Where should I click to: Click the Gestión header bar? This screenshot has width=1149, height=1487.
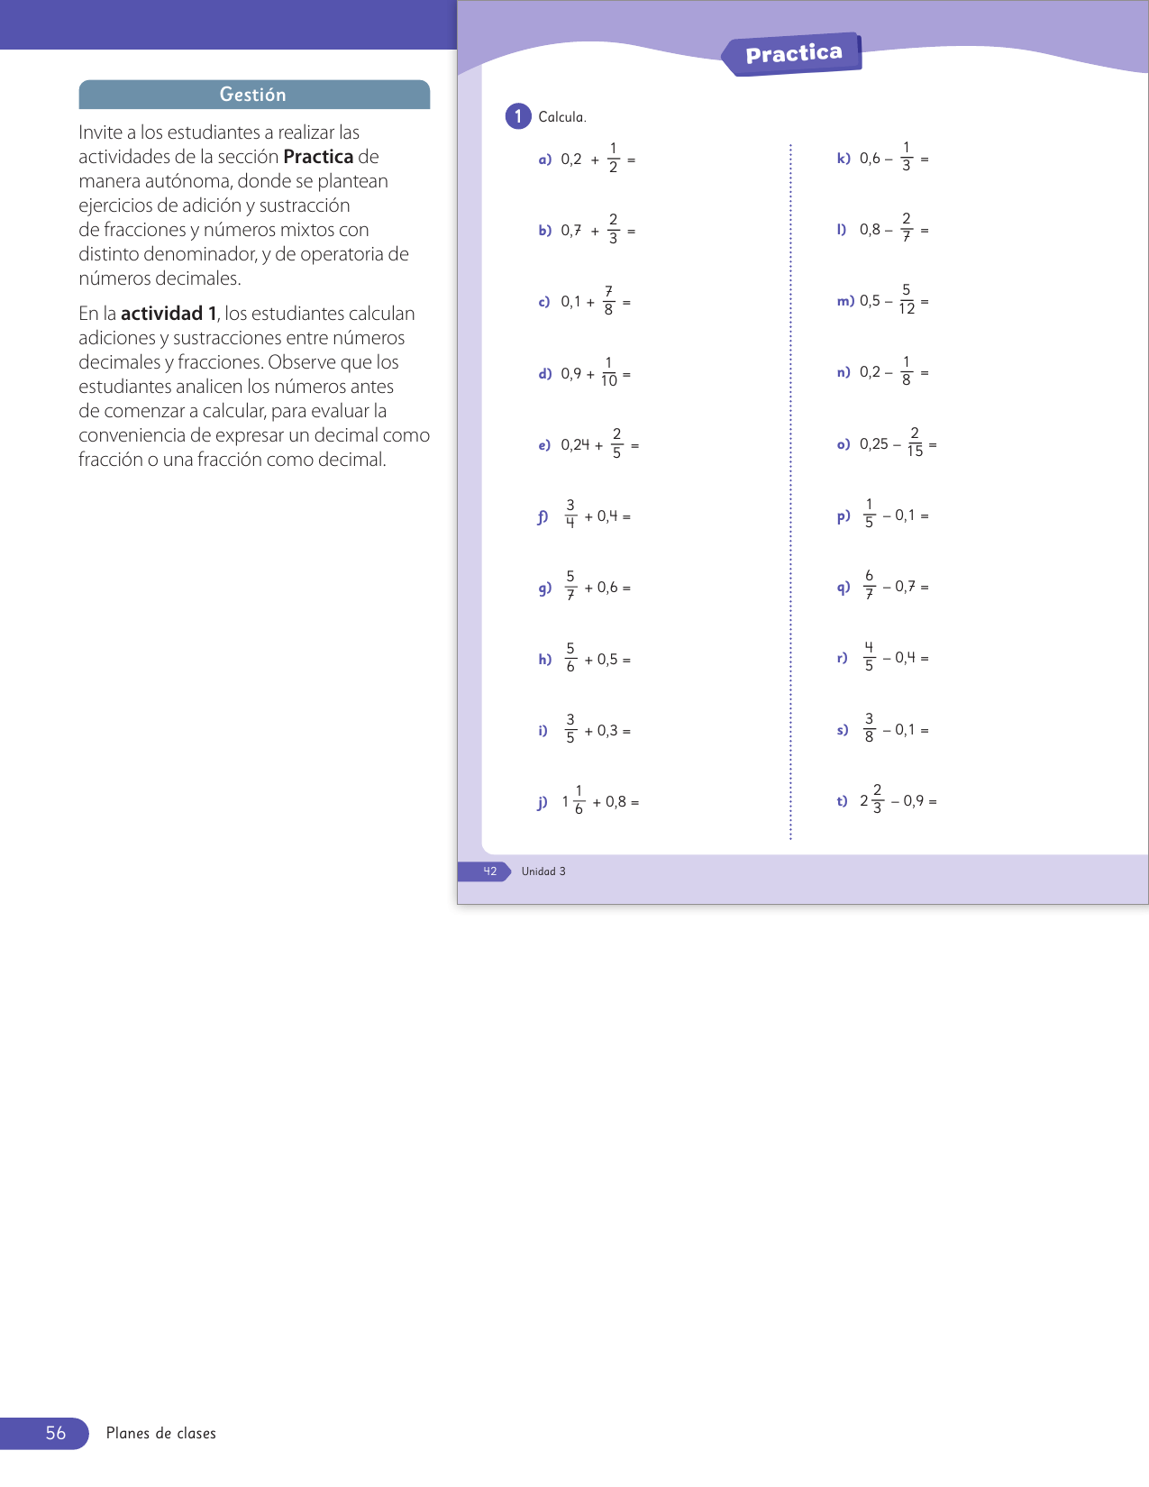pyautogui.click(x=254, y=95)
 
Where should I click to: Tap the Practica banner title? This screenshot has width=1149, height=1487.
pyautogui.click(x=793, y=54)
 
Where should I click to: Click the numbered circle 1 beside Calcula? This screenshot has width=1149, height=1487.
pyautogui.click(x=518, y=116)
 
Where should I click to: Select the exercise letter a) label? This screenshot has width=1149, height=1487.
pyautogui.click(x=544, y=160)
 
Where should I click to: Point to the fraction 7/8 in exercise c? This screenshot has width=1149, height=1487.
pyautogui.click(x=608, y=301)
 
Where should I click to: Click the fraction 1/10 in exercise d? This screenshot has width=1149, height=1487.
pyautogui.click(x=609, y=372)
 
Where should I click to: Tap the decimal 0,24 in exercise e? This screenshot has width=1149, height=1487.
pyautogui.click(x=575, y=444)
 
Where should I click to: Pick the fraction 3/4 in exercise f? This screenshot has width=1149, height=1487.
pyautogui.click(x=570, y=515)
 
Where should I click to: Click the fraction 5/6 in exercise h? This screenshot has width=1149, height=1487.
pyautogui.click(x=570, y=658)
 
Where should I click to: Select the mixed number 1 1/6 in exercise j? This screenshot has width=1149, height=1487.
pyautogui.click(x=574, y=800)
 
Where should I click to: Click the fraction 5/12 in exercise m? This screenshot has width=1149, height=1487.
pyautogui.click(x=907, y=300)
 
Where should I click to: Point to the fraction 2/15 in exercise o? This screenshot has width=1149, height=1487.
pyautogui.click(x=915, y=442)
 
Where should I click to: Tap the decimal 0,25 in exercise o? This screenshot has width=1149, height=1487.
pyautogui.click(x=874, y=444)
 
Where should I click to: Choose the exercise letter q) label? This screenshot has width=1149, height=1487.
pyautogui.click(x=844, y=588)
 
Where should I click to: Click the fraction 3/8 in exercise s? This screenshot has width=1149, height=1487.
pyautogui.click(x=869, y=728)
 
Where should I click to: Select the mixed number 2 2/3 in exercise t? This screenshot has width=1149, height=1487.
pyautogui.click(x=871, y=799)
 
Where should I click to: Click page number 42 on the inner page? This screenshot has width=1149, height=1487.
pyautogui.click(x=489, y=871)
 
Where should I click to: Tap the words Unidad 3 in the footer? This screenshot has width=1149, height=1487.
pyautogui.click(x=543, y=871)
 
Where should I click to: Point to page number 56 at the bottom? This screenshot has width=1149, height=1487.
pyautogui.click(x=56, y=1433)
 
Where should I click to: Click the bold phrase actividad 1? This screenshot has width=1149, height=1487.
pyautogui.click(x=169, y=314)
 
